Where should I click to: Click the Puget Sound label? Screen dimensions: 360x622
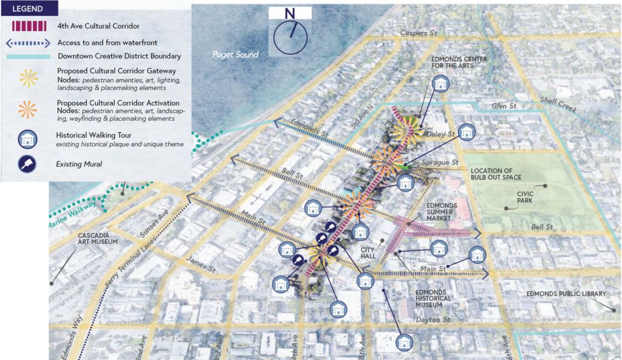(x=235, y=55)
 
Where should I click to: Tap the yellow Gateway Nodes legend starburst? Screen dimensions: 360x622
(x=28, y=78)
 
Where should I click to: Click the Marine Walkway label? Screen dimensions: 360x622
(x=72, y=216)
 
